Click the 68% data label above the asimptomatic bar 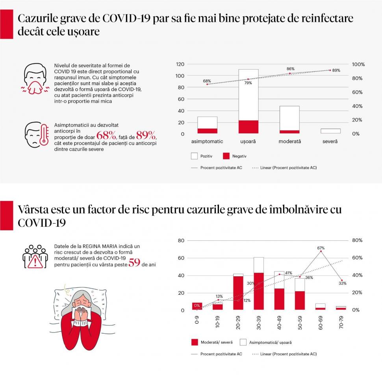[207, 81]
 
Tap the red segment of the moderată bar [289, 131]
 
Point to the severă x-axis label [330, 141]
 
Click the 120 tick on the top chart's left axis [180, 64]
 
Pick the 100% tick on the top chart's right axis [358, 64]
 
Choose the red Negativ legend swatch [226, 156]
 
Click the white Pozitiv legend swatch [194, 156]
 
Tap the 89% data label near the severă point [336, 70]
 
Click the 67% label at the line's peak [321, 248]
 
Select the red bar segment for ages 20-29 [238, 293]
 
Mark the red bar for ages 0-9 [197, 306]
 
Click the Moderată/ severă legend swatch [194, 342]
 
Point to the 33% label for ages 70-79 [343, 283]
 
